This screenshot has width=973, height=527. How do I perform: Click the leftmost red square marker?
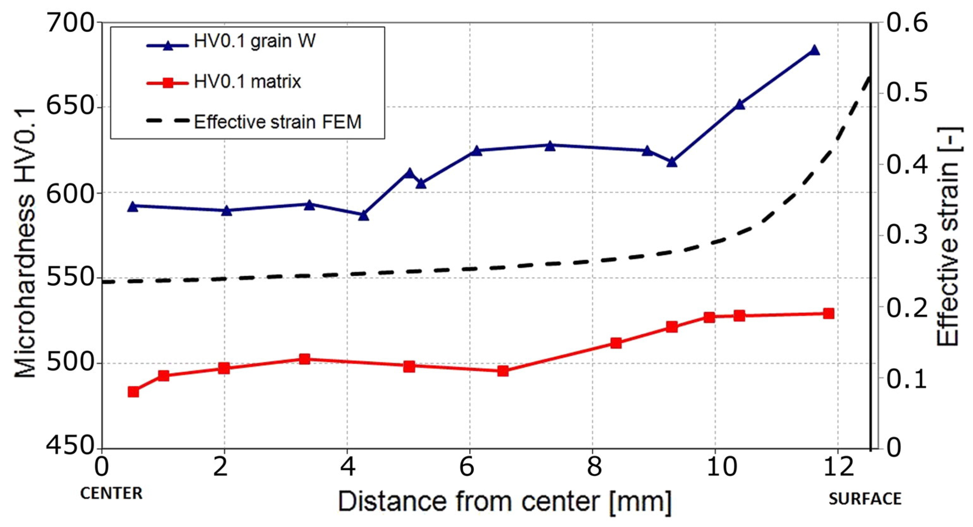click(133, 392)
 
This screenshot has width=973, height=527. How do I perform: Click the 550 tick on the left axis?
click(70, 278)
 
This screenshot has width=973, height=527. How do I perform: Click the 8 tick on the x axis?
click(593, 467)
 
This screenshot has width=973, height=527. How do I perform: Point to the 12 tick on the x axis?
click(837, 467)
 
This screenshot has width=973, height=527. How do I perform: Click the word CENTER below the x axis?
click(111, 494)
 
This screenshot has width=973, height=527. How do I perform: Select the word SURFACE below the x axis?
click(865, 499)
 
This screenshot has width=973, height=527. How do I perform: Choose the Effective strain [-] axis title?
click(948, 236)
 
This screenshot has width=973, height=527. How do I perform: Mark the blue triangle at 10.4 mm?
click(740, 104)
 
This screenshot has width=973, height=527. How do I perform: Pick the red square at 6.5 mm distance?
click(503, 371)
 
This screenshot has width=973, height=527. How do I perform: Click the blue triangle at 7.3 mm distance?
click(550, 146)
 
